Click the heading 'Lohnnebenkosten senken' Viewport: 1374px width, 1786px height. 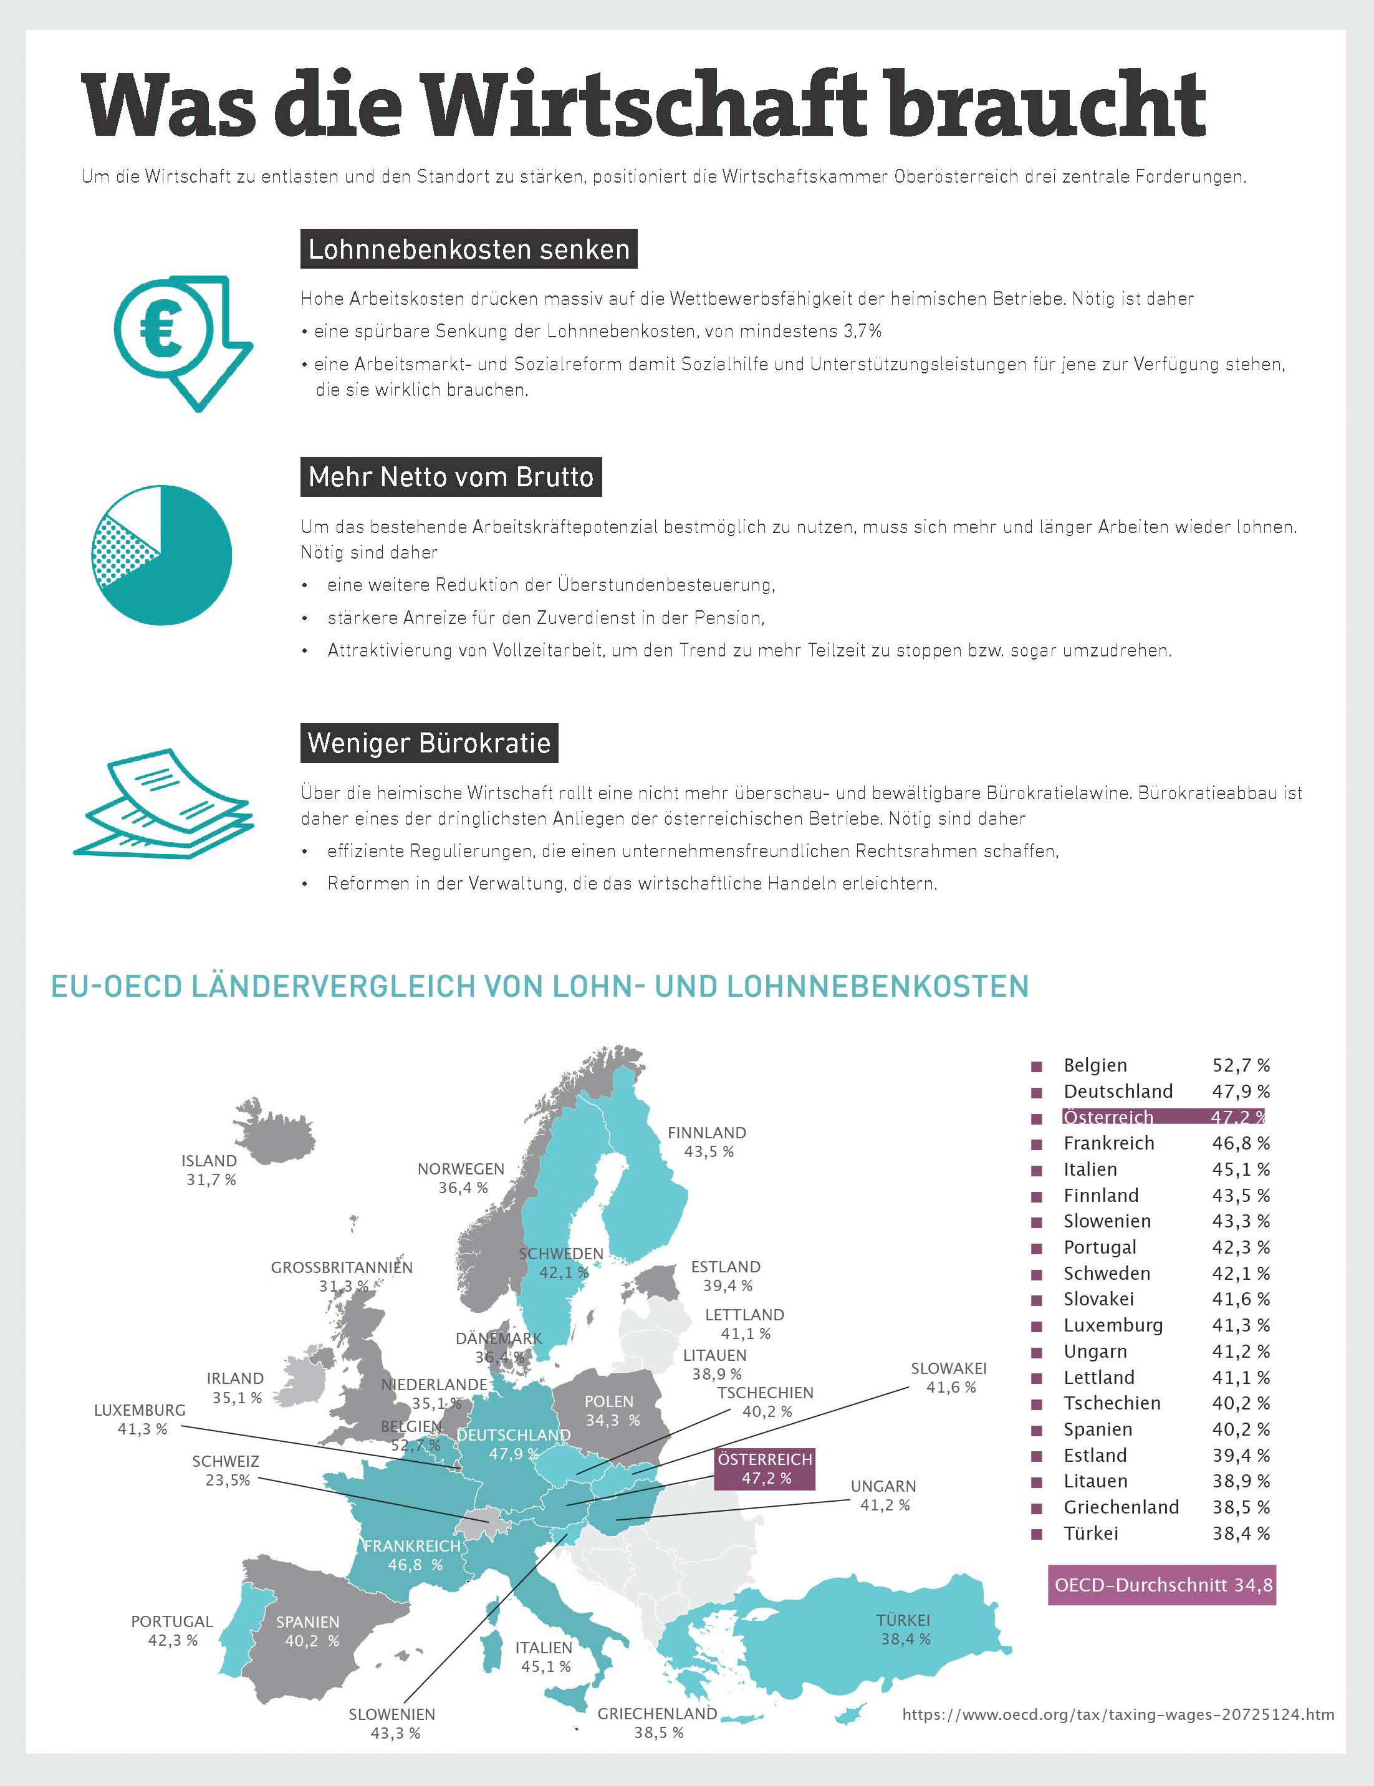pos(469,249)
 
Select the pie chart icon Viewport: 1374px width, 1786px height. pos(162,555)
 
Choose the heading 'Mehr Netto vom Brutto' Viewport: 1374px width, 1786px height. pos(451,477)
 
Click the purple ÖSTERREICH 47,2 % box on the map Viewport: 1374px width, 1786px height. pos(765,1469)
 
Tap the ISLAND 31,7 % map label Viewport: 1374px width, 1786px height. pos(210,1170)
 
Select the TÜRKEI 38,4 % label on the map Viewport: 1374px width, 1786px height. pos(904,1630)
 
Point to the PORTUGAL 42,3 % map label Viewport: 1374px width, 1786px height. pos(172,1631)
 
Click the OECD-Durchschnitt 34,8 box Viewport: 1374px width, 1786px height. pos(1161,1585)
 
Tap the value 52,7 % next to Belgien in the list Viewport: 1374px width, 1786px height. pos(1241,1065)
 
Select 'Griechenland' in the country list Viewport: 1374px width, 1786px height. pos(1122,1507)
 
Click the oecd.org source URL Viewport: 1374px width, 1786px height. pos(1118,1715)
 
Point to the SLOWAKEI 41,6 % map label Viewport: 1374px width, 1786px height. pos(949,1378)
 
